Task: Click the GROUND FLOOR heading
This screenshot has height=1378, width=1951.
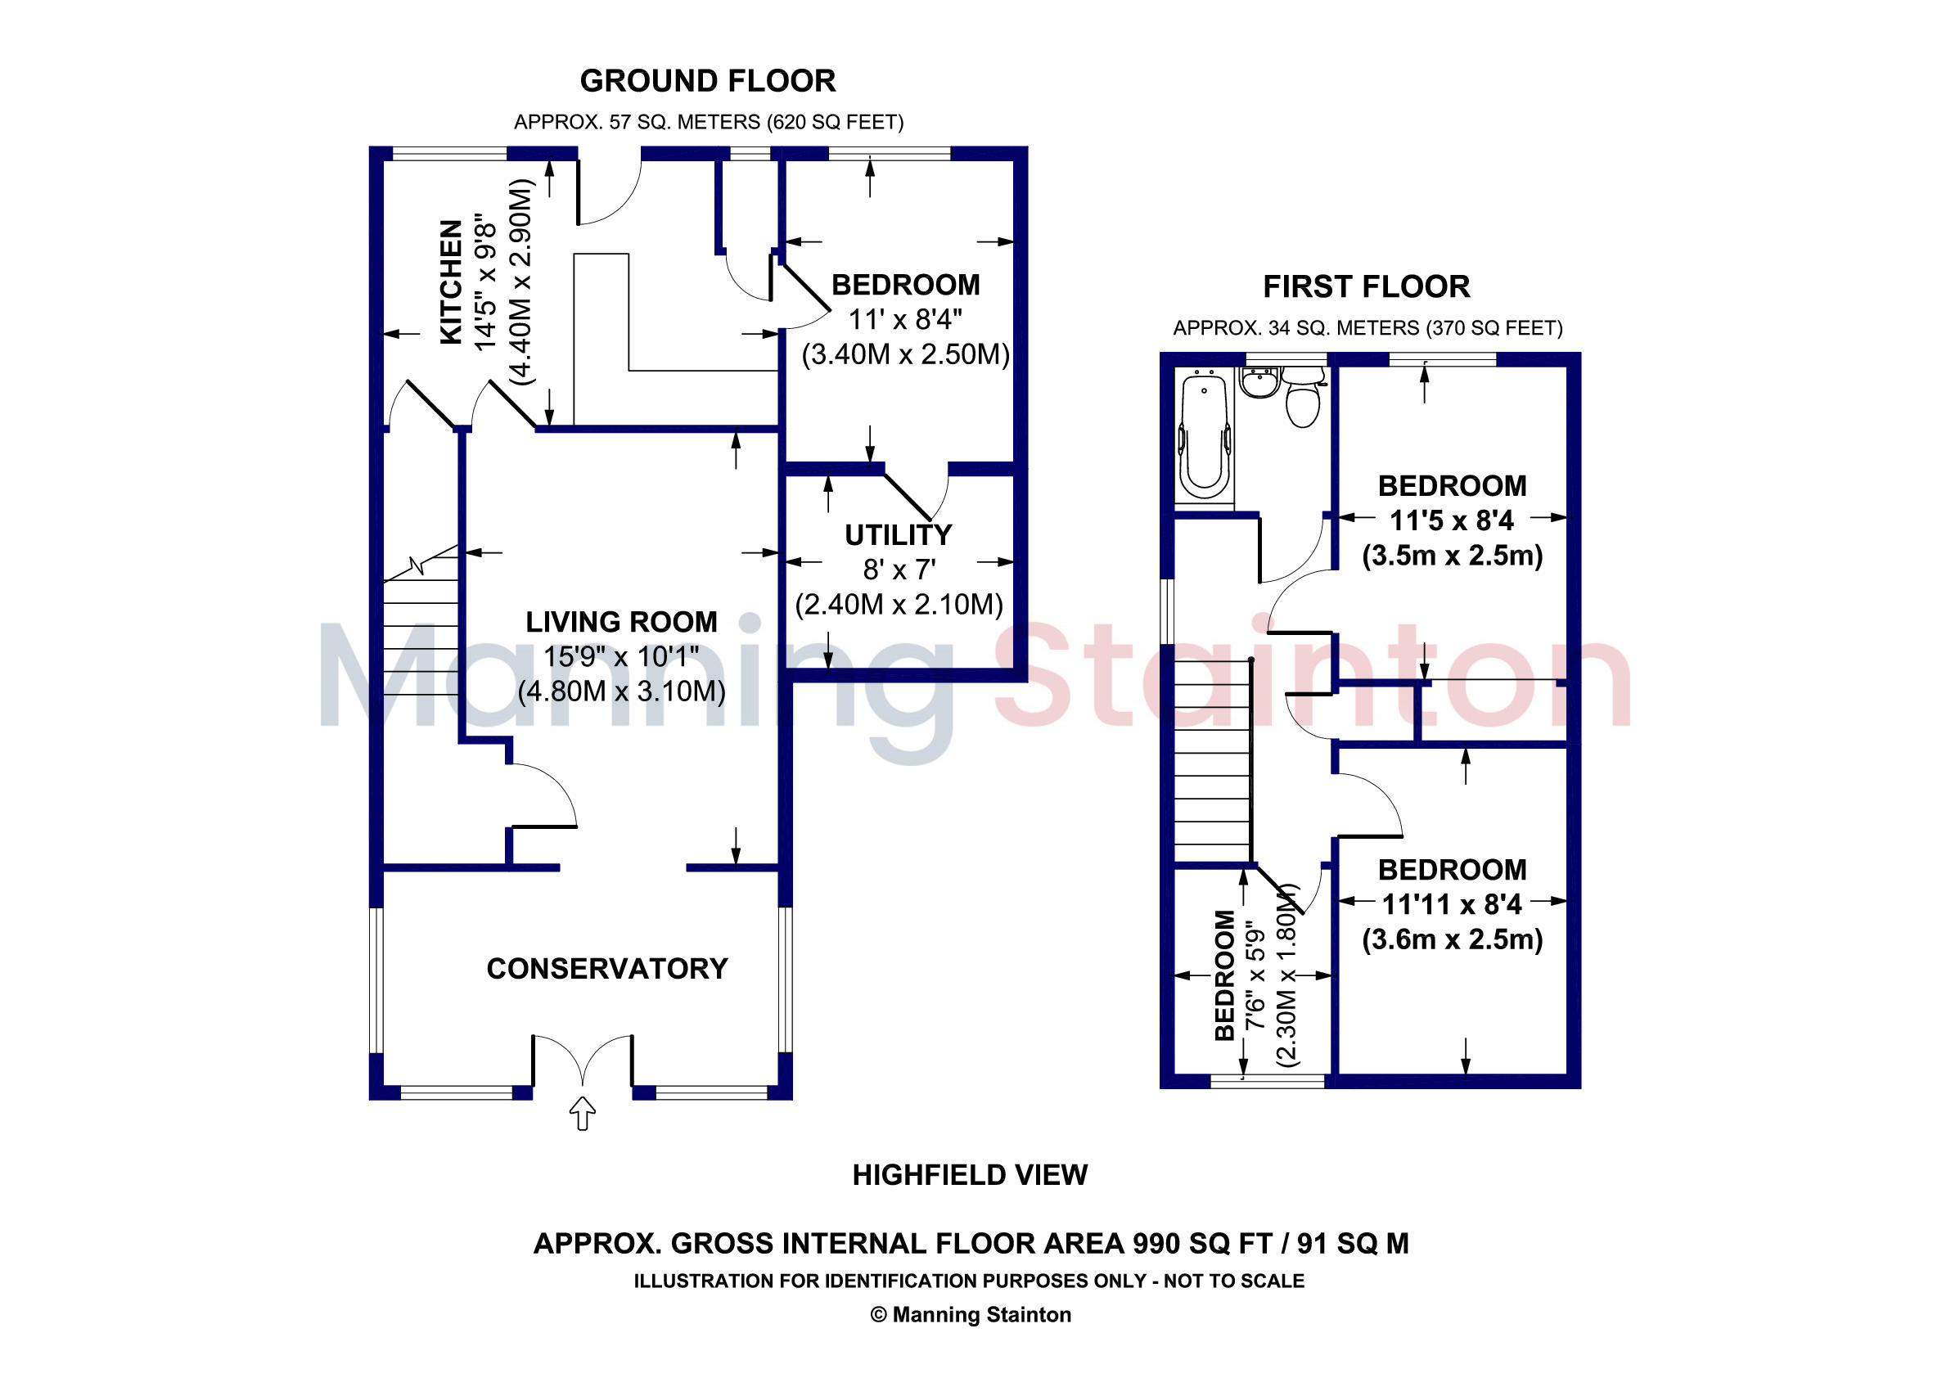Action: click(708, 81)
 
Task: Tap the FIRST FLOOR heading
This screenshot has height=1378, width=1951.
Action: click(1367, 286)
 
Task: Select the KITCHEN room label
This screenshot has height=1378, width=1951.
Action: click(451, 282)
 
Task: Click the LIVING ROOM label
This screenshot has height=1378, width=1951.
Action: click(621, 622)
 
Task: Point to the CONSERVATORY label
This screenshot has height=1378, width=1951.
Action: click(606, 969)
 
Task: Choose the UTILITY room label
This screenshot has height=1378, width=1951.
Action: click(899, 535)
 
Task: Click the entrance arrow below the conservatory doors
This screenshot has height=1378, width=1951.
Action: click(582, 1113)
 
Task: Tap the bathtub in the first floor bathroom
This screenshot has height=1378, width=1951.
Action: click(1204, 438)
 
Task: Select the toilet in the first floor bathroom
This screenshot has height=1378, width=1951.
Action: click(1303, 397)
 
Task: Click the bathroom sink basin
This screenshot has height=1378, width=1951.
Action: click(1259, 382)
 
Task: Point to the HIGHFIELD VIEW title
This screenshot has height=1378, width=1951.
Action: click(970, 1175)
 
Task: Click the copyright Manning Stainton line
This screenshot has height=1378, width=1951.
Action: click(971, 1315)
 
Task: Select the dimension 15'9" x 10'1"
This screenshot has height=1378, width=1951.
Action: click(621, 657)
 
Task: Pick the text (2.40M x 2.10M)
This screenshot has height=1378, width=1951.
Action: click(899, 605)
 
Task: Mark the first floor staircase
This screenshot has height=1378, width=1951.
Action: click(1214, 761)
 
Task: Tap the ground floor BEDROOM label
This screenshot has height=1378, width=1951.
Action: click(905, 285)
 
